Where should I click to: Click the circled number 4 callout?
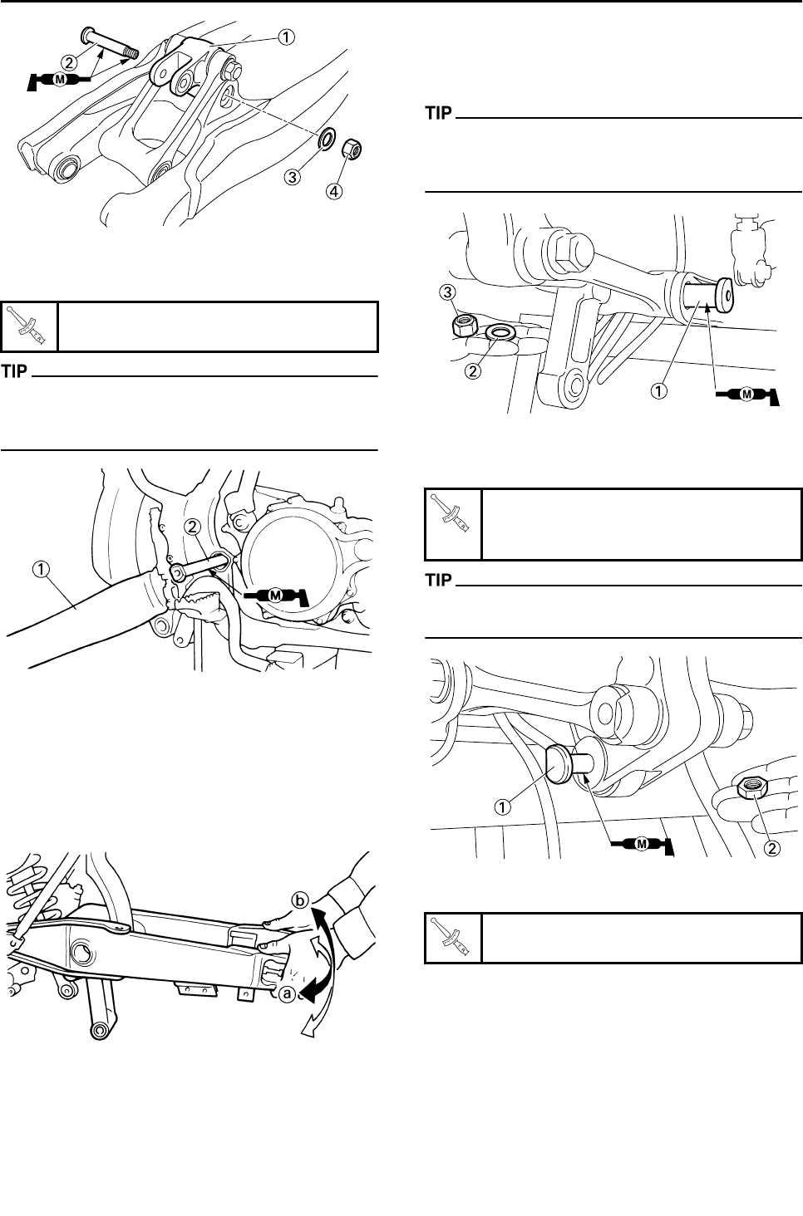[x=334, y=191]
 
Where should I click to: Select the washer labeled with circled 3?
[x=327, y=139]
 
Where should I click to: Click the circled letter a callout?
[x=287, y=993]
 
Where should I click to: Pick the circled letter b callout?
[x=299, y=900]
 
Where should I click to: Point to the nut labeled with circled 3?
[x=465, y=325]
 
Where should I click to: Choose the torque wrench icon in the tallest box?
[x=453, y=512]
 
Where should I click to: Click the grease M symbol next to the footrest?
[x=276, y=596]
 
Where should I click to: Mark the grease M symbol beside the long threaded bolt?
[x=59, y=80]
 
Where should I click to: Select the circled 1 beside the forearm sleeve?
[x=41, y=570]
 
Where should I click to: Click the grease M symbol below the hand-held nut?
[x=642, y=844]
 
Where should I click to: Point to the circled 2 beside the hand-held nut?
[x=772, y=848]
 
